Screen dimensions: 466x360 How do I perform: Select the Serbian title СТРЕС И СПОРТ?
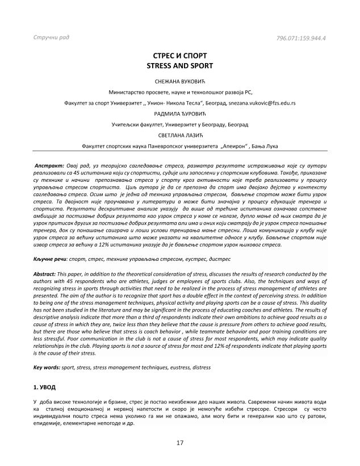(x=179, y=57)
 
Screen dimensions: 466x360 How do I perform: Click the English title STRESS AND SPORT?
(x=179, y=66)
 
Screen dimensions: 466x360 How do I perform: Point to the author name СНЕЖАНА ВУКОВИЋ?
(x=179, y=81)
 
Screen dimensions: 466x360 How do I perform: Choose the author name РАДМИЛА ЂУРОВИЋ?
(x=179, y=114)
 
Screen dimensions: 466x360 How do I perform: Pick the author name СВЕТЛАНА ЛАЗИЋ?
(x=179, y=135)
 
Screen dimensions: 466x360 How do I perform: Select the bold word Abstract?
(x=45, y=274)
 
